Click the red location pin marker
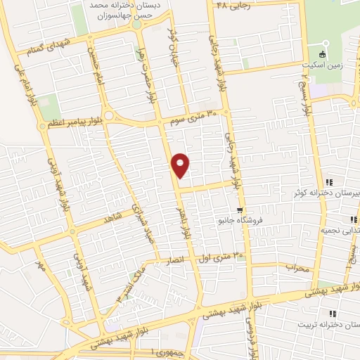(x=181, y=165)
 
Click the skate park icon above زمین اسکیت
(x=323, y=53)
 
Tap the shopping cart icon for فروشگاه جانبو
(x=240, y=210)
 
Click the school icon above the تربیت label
(x=333, y=314)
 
